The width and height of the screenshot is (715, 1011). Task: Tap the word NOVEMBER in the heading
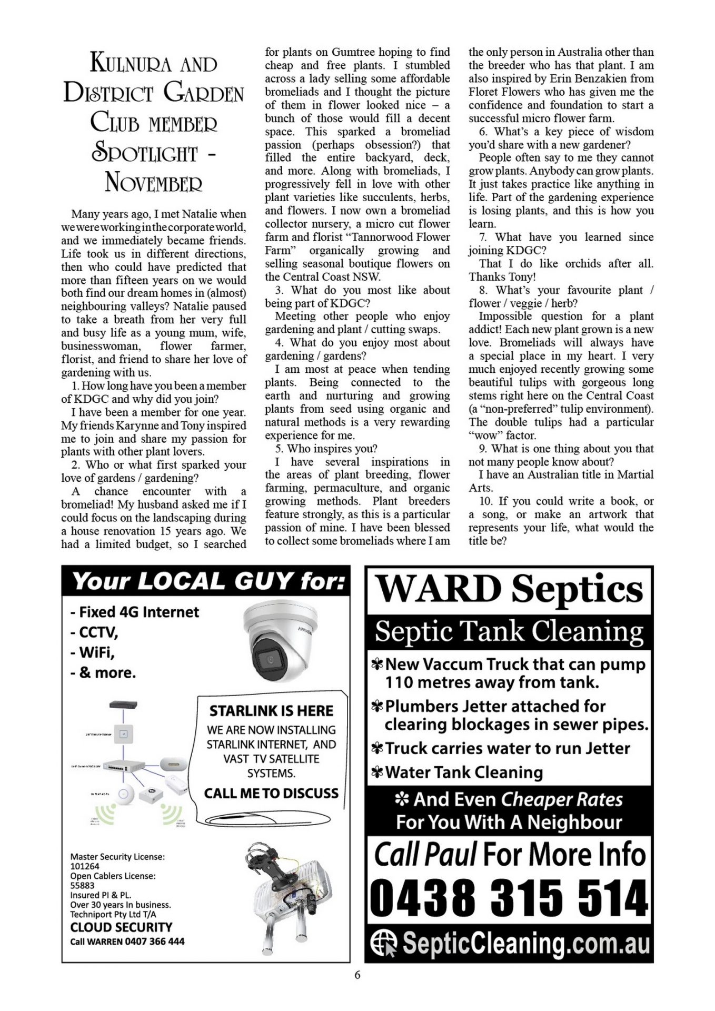[153, 183]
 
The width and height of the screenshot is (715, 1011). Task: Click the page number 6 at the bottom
[357, 975]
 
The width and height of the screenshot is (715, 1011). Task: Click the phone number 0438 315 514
[509, 899]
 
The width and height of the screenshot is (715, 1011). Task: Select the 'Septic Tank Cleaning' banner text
[509, 631]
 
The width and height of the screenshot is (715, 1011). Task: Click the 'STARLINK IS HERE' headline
[271, 711]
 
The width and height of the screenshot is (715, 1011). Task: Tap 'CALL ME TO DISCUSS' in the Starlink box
[271, 793]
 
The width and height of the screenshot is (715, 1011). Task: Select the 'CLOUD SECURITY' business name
[121, 927]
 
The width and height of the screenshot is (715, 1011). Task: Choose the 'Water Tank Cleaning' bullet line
[463, 772]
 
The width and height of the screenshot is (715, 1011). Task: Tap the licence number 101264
[85, 866]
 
